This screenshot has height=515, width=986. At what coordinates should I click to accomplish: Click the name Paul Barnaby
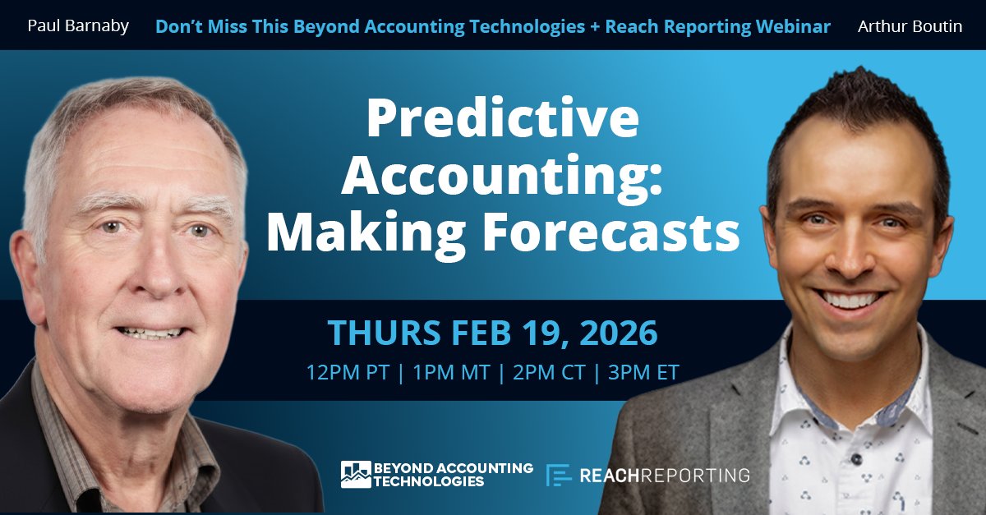tap(78, 26)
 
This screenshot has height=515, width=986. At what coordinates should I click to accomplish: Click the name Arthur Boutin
tap(910, 26)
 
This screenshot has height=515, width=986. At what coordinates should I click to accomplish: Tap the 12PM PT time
tap(348, 372)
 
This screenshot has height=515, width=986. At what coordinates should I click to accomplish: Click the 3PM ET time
tap(643, 372)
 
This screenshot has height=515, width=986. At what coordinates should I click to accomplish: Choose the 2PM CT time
tap(549, 372)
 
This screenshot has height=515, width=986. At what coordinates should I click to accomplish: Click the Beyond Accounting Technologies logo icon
tap(356, 474)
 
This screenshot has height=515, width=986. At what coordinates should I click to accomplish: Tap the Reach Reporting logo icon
tap(559, 475)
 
